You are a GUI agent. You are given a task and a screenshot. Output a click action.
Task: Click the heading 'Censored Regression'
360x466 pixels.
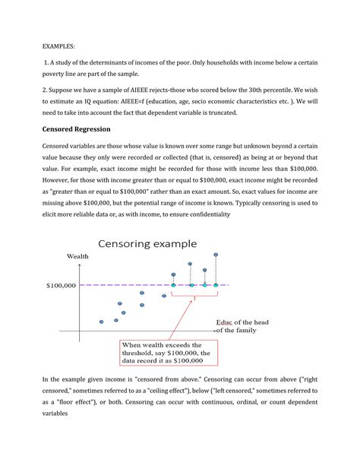point(80,128)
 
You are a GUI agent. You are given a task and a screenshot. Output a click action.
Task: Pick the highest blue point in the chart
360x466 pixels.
point(216,255)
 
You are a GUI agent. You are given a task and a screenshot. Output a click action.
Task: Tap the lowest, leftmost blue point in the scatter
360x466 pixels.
point(101,322)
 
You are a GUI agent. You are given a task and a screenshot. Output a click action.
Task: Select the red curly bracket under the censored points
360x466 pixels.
point(194,295)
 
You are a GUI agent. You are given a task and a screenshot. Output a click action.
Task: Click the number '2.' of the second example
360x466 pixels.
point(45,87)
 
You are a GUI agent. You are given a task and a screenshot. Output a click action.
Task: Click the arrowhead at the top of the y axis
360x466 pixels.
point(79,265)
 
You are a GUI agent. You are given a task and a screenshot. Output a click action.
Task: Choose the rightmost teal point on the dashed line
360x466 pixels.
point(216,286)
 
